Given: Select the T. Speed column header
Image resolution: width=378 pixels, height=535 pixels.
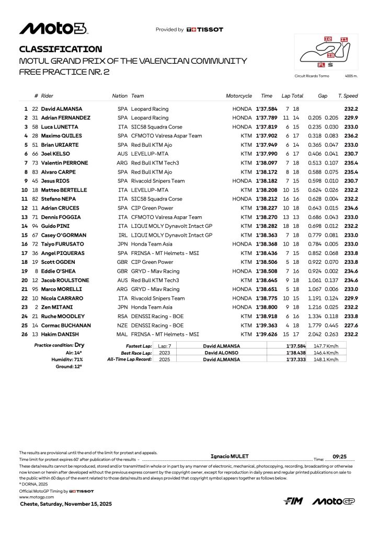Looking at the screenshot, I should [x=348, y=96].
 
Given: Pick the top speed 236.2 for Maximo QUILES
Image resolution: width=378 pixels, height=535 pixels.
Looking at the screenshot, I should [x=351, y=135].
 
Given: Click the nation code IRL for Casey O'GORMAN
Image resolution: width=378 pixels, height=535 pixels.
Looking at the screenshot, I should [x=123, y=235].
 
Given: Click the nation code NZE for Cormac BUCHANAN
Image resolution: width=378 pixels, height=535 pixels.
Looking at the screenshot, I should [x=123, y=325].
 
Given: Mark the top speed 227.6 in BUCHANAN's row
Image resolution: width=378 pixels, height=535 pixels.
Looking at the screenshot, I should [x=351, y=325].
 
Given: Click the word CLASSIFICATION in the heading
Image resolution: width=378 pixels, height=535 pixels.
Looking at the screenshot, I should [x=61, y=49].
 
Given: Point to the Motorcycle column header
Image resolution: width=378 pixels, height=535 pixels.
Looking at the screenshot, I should [x=239, y=96].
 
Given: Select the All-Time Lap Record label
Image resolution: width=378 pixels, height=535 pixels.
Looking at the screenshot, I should [x=129, y=359].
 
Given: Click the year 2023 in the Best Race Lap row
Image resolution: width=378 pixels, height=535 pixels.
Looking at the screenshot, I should [x=165, y=353].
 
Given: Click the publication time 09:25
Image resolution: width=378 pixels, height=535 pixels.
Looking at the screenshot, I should [x=340, y=456].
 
